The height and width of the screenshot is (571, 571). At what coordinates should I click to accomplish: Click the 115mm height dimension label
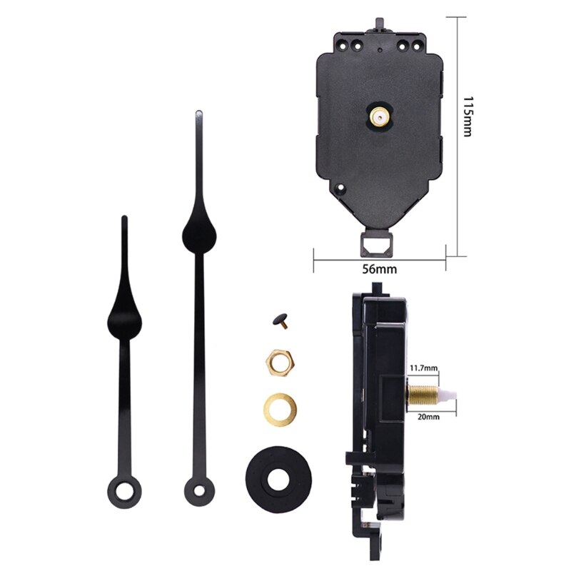pyautogui.click(x=468, y=117)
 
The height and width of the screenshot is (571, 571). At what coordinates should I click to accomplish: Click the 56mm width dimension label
pyautogui.click(x=379, y=269)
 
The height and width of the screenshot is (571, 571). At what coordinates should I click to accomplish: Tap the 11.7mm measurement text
pyautogui.click(x=423, y=369)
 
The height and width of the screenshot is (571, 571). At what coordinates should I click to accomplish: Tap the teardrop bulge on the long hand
pyautogui.click(x=196, y=231)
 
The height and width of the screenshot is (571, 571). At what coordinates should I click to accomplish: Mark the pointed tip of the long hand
pyautogui.click(x=198, y=113)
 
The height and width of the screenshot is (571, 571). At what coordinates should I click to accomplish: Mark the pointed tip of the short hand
pyautogui.click(x=123, y=218)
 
